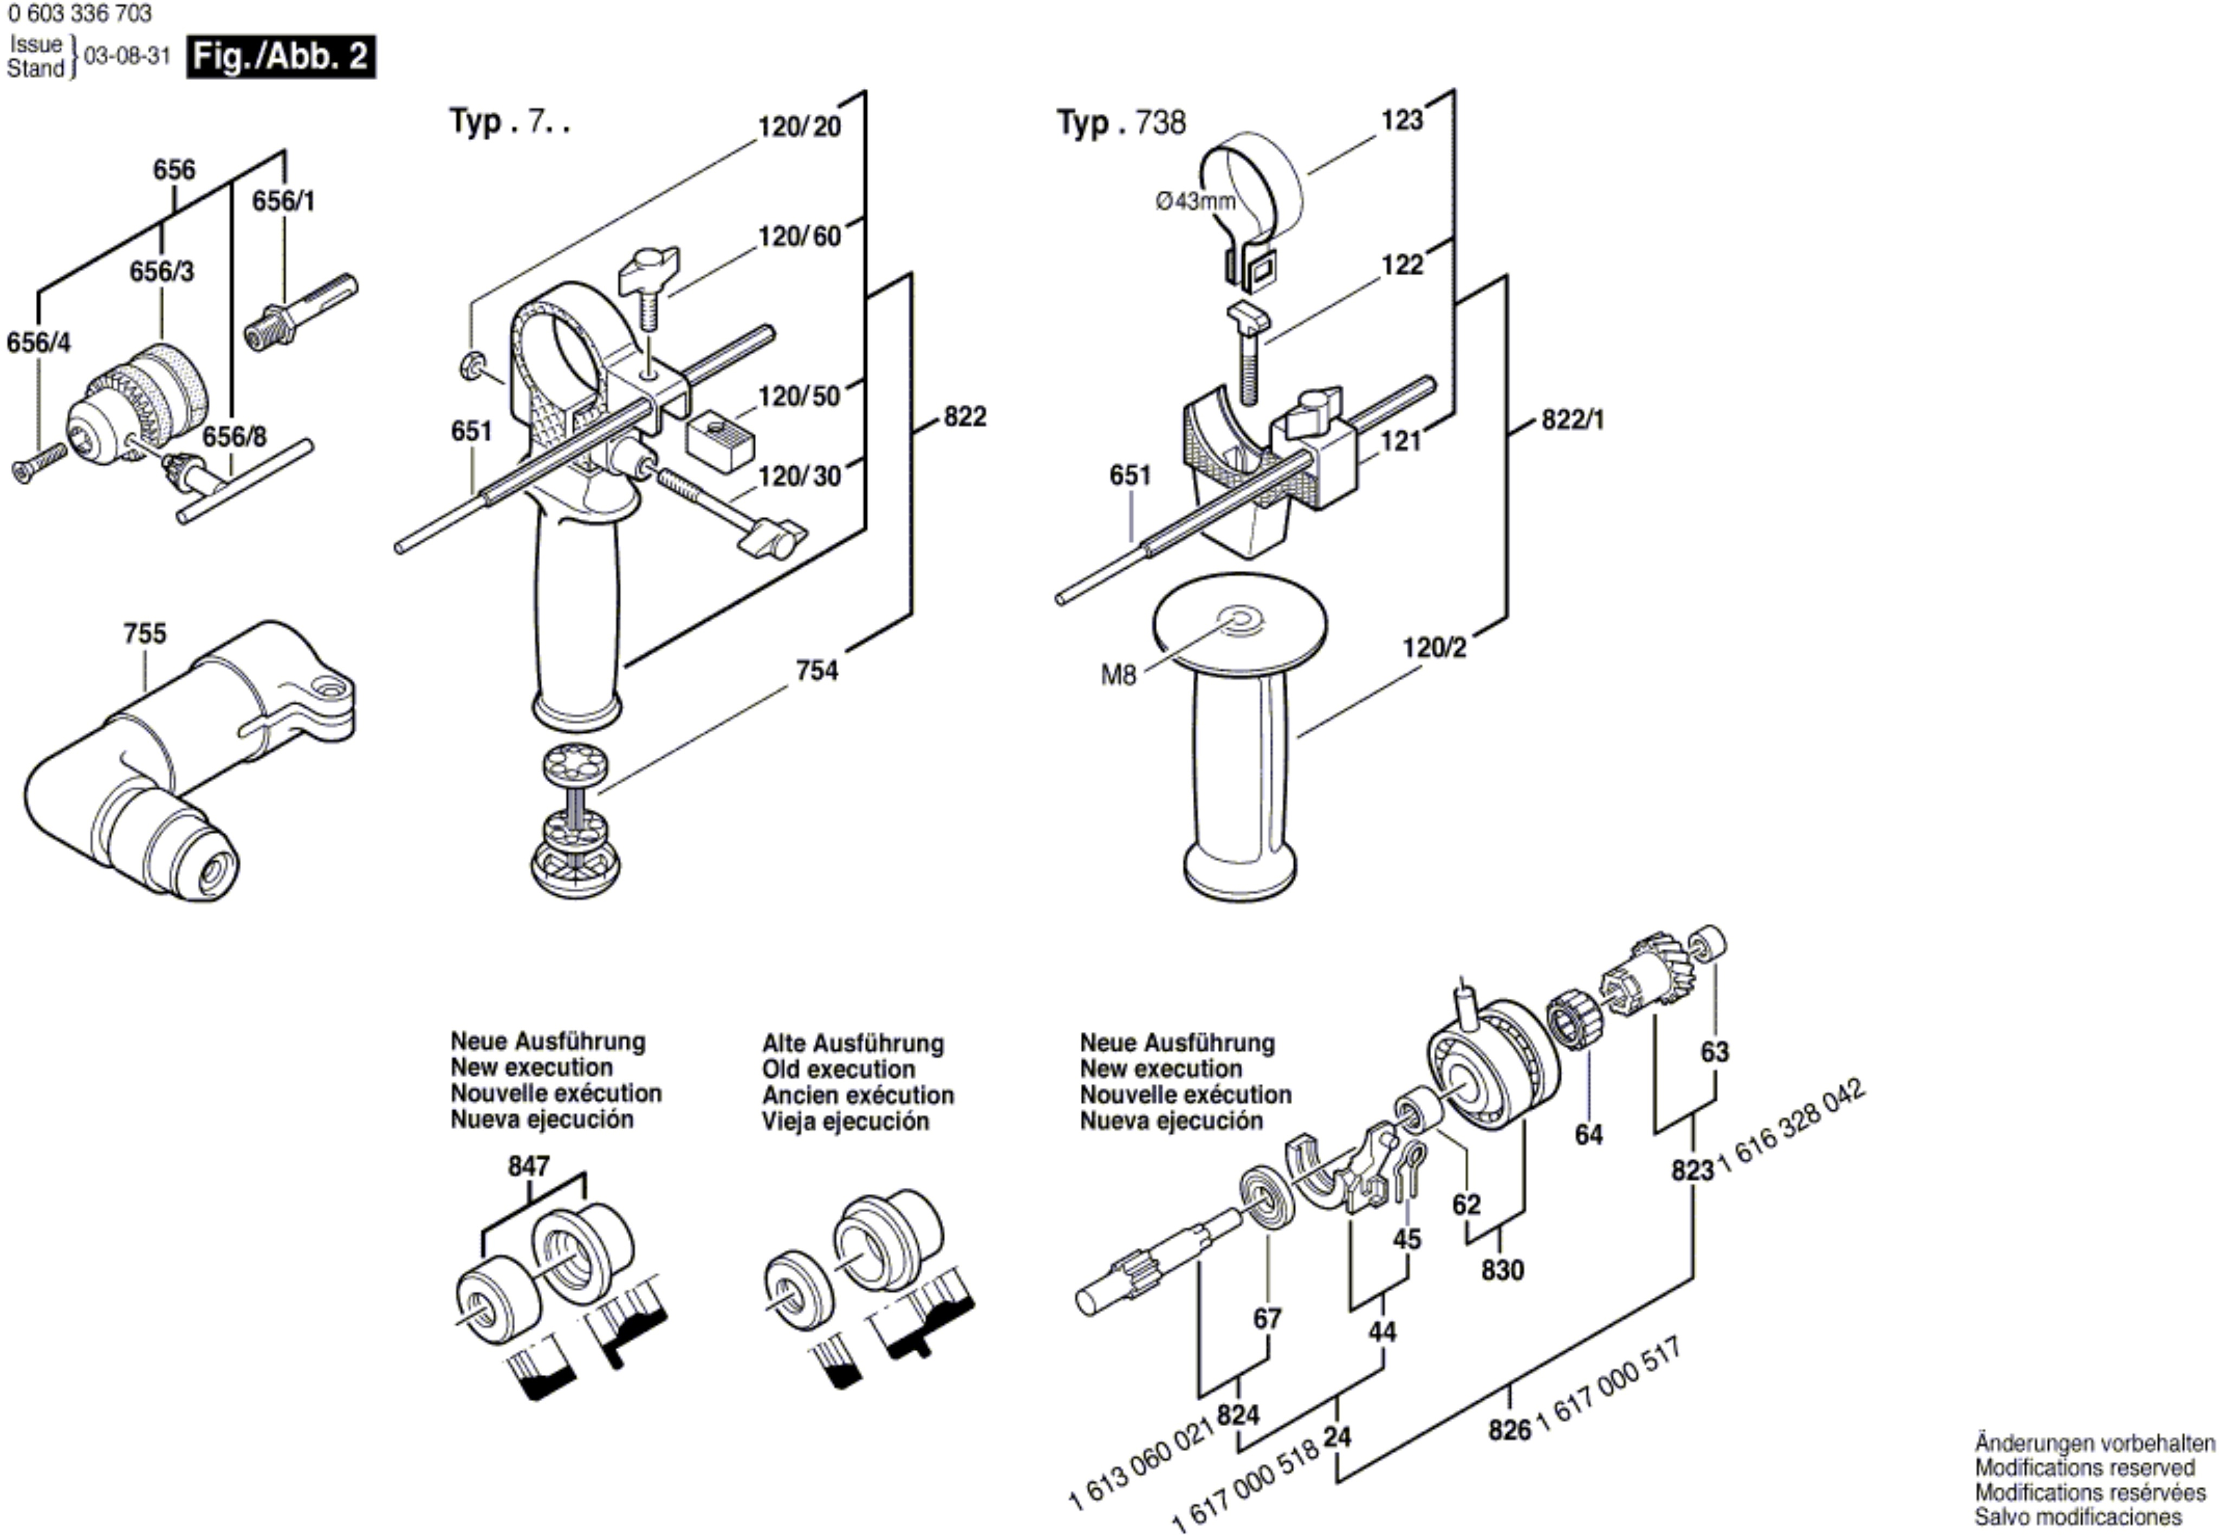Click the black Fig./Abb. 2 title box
[x=281, y=57]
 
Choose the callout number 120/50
[x=799, y=396]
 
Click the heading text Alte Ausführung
[x=853, y=1044]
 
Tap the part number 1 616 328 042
[x=1792, y=1126]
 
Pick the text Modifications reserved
[x=2085, y=1468]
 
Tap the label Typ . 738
[x=1121, y=123]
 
